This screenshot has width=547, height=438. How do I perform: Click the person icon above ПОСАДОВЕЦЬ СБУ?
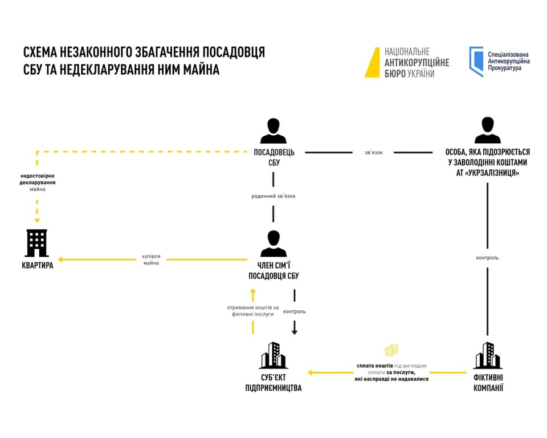point(273,131)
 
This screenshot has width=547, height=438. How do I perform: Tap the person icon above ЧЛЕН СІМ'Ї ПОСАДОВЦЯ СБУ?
point(273,244)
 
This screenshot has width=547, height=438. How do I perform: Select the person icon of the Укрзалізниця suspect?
point(488,131)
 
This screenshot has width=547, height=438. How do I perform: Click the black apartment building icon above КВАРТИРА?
point(37,244)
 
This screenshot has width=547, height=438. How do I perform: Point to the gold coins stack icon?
point(391,350)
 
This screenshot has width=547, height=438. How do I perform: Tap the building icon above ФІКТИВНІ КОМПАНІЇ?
point(488,356)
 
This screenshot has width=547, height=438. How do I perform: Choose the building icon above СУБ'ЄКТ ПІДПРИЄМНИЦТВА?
point(273,356)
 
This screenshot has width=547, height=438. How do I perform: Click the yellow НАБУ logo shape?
point(372,62)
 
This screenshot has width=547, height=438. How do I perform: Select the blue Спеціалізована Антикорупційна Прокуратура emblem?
point(476,62)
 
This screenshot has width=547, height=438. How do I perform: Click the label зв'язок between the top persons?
point(374,153)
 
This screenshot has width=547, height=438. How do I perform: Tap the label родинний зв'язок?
point(273,196)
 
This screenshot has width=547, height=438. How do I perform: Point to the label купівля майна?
point(151,259)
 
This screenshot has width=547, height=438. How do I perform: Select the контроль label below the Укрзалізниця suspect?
point(488,258)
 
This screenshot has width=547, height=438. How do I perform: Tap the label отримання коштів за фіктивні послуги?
point(252,311)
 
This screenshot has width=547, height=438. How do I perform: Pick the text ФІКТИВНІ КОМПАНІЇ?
point(488,383)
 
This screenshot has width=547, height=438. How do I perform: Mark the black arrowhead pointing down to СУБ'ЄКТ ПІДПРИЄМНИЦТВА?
point(295,331)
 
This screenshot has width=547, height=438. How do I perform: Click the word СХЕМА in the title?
point(43,52)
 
